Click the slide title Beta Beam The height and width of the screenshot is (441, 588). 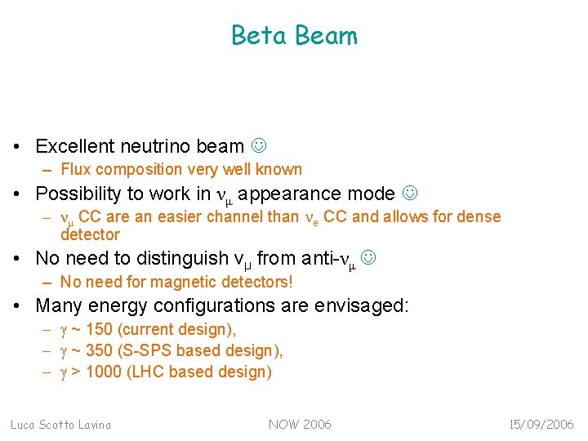(294, 36)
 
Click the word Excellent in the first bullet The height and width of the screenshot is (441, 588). (74, 146)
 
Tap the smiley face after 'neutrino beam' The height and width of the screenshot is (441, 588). (258, 146)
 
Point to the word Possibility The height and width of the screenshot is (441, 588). (81, 194)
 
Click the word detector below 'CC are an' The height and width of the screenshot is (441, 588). (90, 235)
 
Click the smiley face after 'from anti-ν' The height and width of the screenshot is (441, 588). (368, 258)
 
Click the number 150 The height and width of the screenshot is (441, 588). (100, 329)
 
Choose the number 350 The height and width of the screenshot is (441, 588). (100, 350)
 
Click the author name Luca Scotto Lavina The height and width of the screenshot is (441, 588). (60, 425)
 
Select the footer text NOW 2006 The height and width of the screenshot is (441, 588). (300, 425)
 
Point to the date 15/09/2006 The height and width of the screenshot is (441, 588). (540, 425)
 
